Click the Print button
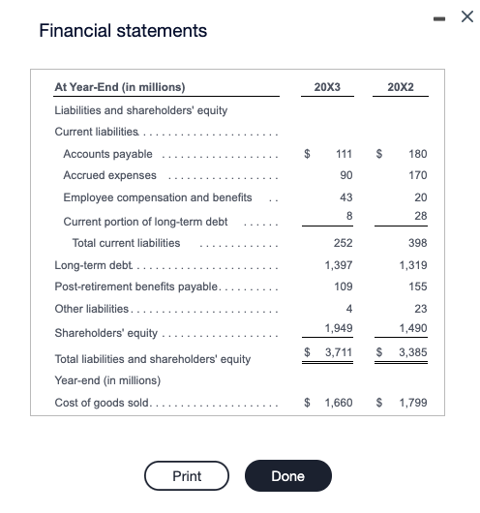point(187,476)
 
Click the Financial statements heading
point(123,31)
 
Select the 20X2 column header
point(400,88)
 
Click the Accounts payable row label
point(107,154)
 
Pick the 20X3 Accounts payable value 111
point(341,154)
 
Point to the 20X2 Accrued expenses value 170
point(418,175)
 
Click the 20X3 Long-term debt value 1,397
point(335,264)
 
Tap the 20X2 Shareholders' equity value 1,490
point(412,328)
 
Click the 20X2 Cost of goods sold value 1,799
point(412,402)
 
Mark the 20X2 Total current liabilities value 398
point(418,243)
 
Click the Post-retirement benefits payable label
point(137,287)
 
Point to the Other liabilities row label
point(91,309)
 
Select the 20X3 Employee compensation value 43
point(344,197)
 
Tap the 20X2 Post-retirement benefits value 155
point(418,287)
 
